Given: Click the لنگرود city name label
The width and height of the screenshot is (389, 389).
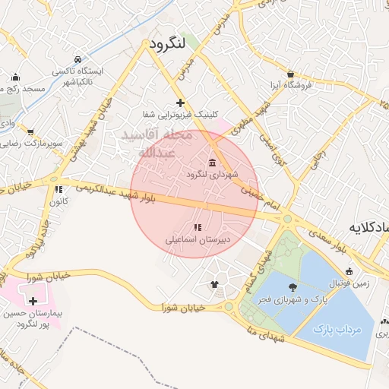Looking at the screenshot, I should (168, 43).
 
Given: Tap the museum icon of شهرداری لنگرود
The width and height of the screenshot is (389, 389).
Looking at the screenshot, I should (211, 163).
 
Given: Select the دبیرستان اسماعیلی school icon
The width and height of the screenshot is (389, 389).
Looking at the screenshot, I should (198, 227).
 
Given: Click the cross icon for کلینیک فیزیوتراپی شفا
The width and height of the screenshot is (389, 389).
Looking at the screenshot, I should (180, 102).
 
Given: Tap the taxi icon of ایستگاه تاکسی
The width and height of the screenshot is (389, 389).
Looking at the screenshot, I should (77, 59).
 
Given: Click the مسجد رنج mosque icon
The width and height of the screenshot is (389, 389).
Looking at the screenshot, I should (15, 77).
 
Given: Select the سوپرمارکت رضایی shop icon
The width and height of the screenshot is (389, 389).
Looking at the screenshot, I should (30, 131).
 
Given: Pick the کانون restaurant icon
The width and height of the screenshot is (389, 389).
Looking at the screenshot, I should (58, 190).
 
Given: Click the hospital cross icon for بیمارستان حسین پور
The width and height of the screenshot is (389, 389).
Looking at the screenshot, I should (33, 301).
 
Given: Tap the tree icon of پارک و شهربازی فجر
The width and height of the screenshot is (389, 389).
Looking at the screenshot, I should (293, 287).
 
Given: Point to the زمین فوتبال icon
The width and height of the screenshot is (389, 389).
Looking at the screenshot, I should (349, 271).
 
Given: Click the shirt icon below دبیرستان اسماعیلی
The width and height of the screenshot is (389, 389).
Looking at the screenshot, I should (214, 286).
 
